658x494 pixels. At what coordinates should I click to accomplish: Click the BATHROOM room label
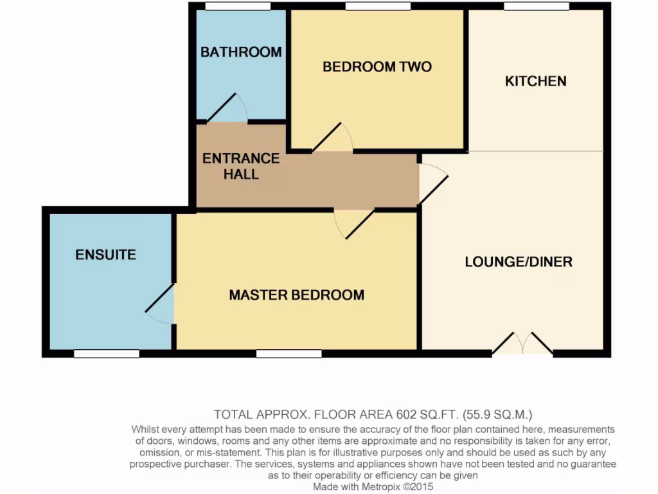241,52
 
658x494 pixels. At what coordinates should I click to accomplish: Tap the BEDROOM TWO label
377,66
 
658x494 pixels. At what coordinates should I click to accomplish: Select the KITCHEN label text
535,81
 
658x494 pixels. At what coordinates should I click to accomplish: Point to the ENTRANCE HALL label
241,166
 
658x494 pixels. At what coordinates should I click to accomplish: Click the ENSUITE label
106,255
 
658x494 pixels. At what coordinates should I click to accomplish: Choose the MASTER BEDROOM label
296,295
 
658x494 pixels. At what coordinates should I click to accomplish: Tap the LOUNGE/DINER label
518,262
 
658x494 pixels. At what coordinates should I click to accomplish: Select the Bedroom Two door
333,139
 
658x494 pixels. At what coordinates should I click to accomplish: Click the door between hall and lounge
432,183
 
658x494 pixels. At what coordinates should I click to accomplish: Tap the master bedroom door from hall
353,223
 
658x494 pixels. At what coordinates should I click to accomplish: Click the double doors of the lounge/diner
522,344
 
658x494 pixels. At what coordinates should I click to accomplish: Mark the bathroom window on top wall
237,6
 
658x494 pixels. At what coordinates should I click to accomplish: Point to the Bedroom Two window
377,6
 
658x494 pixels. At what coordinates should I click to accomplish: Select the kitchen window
536,6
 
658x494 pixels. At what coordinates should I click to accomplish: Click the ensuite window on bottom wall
106,354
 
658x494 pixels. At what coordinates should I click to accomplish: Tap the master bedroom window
289,354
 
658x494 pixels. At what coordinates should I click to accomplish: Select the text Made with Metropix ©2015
373,487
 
